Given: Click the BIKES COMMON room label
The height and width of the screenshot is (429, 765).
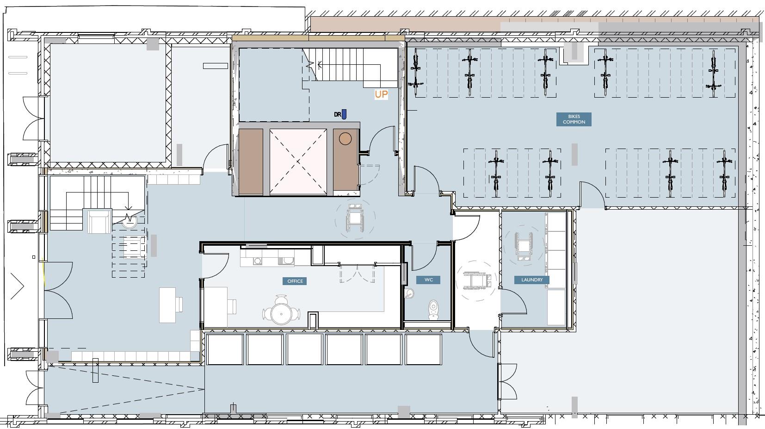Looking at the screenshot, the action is pyautogui.click(x=574, y=119).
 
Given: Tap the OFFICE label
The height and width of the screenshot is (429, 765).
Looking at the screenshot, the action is pyautogui.click(x=295, y=281).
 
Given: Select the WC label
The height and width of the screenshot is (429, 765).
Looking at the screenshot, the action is pyautogui.click(x=428, y=280).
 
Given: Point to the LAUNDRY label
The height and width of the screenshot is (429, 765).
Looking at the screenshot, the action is pyautogui.click(x=532, y=280).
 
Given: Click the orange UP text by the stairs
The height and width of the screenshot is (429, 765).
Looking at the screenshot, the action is pyautogui.click(x=381, y=94).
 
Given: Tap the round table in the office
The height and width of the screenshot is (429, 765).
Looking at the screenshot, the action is pyautogui.click(x=281, y=313).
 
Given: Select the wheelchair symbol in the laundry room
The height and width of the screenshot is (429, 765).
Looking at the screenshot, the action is pyautogui.click(x=523, y=246).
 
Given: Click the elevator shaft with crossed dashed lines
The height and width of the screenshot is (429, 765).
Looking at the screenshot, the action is pyautogui.click(x=298, y=162).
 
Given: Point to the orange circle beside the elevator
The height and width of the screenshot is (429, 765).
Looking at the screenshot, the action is pyautogui.click(x=345, y=139).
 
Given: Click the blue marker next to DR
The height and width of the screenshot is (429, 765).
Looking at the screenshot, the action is pyautogui.click(x=344, y=114).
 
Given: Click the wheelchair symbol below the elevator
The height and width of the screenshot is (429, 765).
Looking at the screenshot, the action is pyautogui.click(x=355, y=218).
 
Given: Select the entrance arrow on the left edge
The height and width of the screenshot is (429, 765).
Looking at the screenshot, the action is pyautogui.click(x=17, y=286).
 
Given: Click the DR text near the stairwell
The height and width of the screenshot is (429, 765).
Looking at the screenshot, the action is pyautogui.click(x=338, y=114).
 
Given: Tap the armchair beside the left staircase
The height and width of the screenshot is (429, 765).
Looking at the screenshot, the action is pyautogui.click(x=99, y=221).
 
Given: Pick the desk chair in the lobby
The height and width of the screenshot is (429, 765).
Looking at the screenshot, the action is pyautogui.click(x=179, y=305).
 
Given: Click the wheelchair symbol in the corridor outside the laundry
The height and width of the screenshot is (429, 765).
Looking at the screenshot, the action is pyautogui.click(x=477, y=280).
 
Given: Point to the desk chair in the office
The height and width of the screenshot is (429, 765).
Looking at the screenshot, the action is pyautogui.click(x=232, y=306).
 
